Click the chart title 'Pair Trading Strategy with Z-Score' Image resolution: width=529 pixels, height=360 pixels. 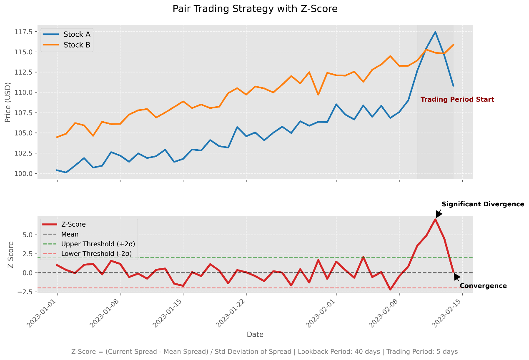click(x=255, y=9)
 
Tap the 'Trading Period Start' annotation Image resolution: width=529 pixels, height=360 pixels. click(x=457, y=100)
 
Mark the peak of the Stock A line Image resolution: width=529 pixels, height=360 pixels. click(x=435, y=32)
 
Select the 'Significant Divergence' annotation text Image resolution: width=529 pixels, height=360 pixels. click(x=483, y=204)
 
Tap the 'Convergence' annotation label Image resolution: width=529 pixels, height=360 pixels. click(x=483, y=286)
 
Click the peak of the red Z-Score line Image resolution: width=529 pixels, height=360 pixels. click(x=435, y=219)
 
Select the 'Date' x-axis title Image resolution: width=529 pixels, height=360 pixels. click(x=255, y=334)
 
